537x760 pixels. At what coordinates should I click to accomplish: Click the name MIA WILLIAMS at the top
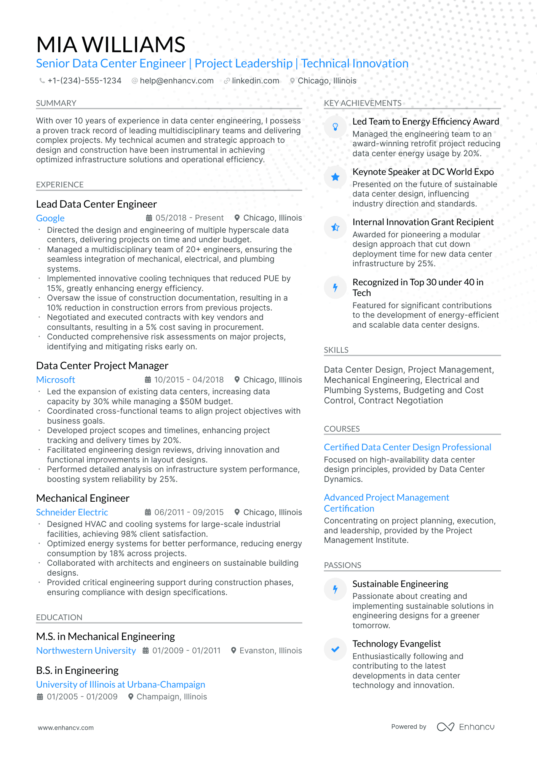click(110, 45)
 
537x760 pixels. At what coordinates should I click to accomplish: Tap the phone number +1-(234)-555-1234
click(84, 81)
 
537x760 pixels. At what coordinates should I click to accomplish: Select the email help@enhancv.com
click(176, 81)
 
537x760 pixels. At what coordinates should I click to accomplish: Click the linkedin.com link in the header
click(255, 81)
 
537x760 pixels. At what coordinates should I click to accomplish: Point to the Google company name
click(50, 218)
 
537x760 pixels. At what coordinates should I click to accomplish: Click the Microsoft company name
click(56, 380)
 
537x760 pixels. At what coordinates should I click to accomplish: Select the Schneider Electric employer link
click(72, 512)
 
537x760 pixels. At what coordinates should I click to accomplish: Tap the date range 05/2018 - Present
click(189, 218)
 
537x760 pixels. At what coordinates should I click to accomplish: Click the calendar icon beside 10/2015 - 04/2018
click(148, 380)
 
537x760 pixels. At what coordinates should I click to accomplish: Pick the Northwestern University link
click(86, 651)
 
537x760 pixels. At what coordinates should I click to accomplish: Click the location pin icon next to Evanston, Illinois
click(234, 651)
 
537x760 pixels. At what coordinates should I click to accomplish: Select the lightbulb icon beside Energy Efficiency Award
click(335, 127)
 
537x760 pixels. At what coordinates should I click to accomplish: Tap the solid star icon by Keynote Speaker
click(335, 177)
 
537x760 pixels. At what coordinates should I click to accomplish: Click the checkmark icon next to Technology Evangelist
click(335, 649)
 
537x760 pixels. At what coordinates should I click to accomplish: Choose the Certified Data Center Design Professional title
click(407, 447)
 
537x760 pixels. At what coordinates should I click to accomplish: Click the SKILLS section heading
click(336, 350)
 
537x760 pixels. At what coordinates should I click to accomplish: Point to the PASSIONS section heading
click(342, 565)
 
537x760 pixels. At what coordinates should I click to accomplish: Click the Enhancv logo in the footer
click(465, 727)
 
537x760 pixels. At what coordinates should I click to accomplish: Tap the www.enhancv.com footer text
click(66, 728)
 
